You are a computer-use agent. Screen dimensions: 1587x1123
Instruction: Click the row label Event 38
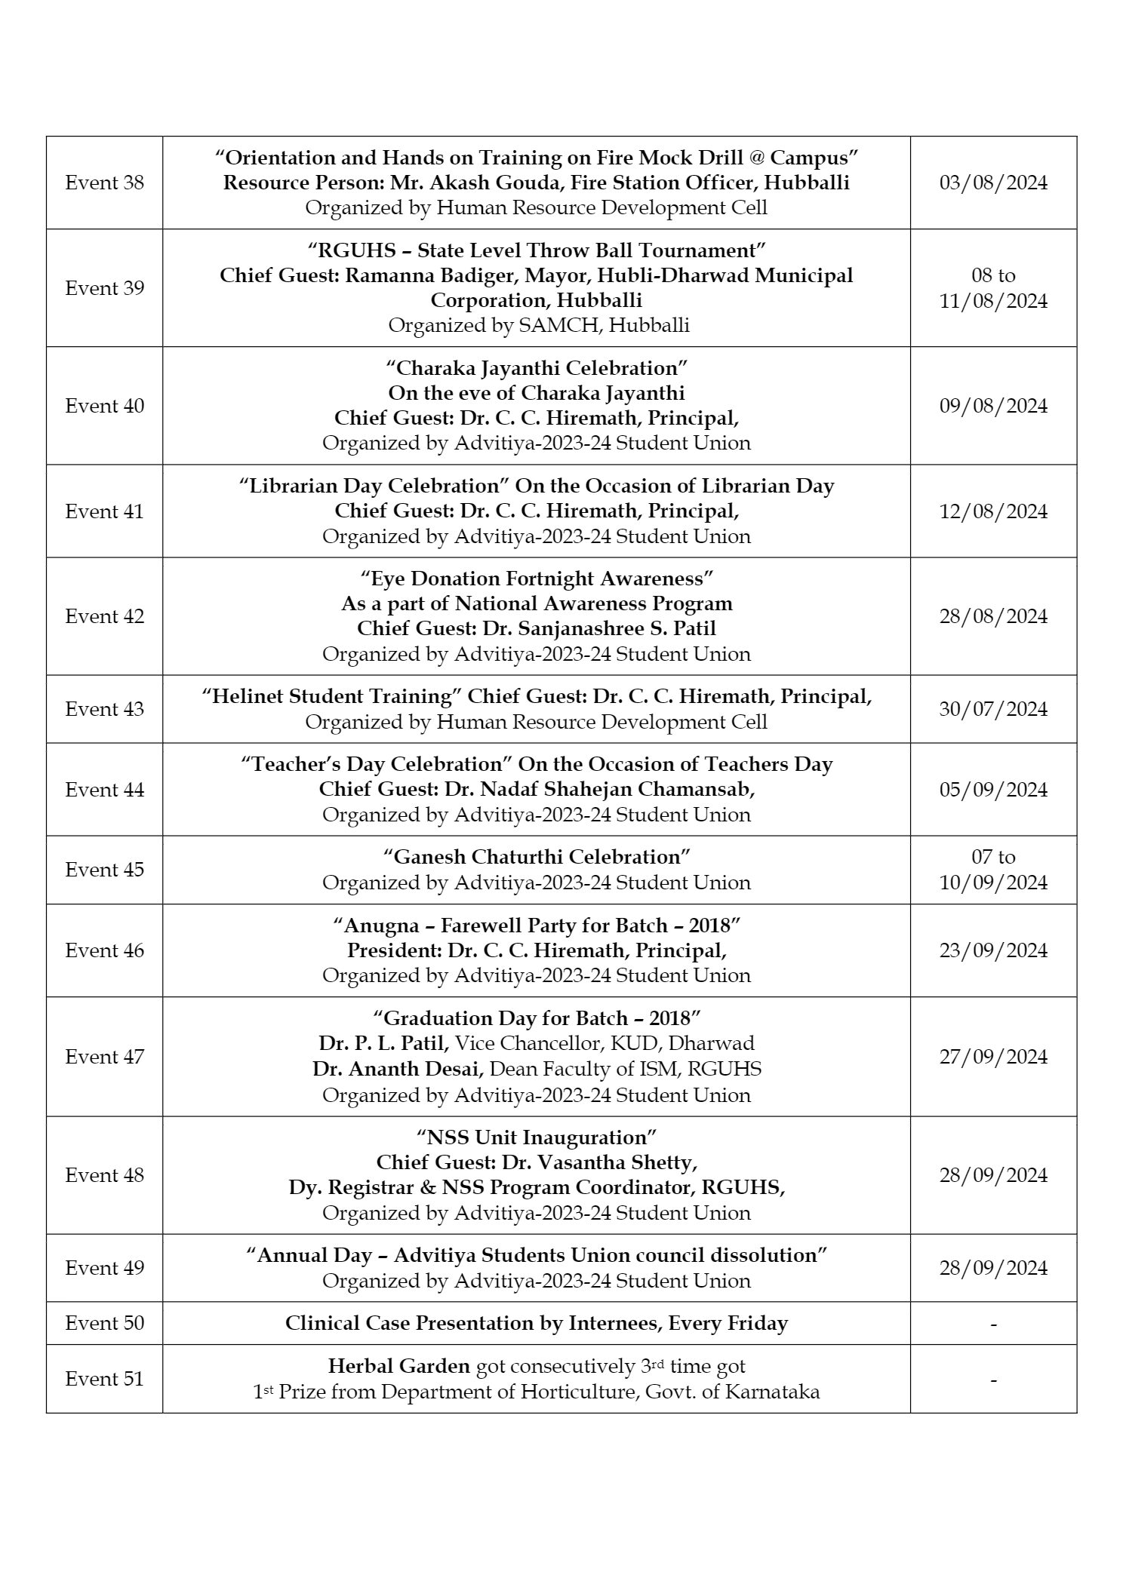point(104,183)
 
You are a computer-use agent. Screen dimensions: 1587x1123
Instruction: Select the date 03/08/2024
point(993,183)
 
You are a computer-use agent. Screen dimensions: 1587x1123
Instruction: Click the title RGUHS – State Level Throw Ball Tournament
point(536,250)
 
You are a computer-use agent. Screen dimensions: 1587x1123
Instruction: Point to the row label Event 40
point(104,406)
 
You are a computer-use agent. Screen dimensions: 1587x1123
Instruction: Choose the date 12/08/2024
point(993,511)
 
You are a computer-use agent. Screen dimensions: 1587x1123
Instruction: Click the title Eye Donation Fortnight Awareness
point(537,579)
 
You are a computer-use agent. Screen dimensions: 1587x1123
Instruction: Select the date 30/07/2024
point(993,709)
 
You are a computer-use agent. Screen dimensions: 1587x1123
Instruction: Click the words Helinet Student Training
point(331,696)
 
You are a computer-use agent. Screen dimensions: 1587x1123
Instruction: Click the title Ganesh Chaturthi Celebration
point(537,857)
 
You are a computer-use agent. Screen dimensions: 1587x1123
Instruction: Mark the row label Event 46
point(104,950)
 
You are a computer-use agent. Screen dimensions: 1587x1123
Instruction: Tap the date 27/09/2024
point(993,1057)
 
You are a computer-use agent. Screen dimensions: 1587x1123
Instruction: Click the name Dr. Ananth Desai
point(398,1069)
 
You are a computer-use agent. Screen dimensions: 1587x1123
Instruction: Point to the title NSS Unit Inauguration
point(537,1137)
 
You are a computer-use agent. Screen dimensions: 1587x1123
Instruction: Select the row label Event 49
point(104,1268)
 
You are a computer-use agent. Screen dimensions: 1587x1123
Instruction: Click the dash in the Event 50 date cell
point(993,1324)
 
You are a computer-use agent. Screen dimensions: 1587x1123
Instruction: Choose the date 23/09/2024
point(993,950)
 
